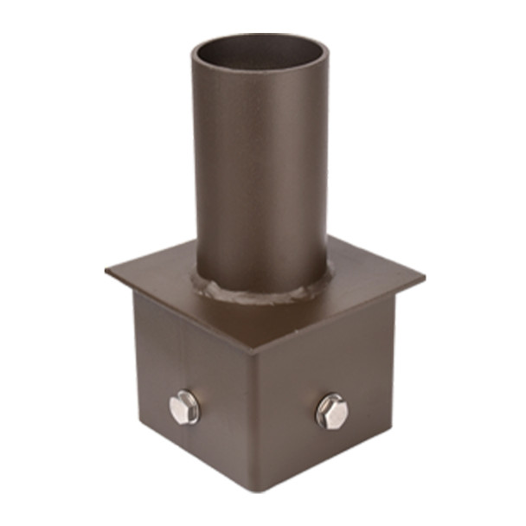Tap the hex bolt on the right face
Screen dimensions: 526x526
coord(331,411)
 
